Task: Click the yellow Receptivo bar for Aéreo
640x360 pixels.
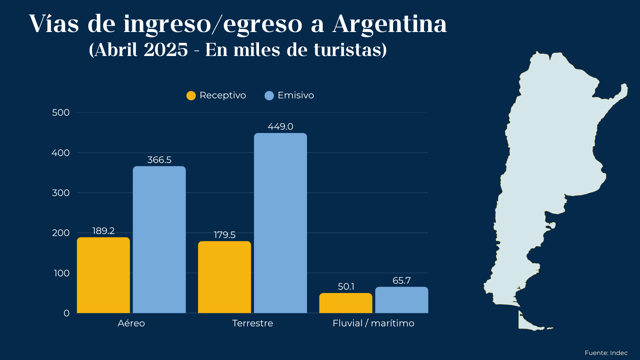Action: (103, 275)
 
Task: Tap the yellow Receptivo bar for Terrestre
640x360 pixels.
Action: (224, 277)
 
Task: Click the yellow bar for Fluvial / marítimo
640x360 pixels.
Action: (346, 303)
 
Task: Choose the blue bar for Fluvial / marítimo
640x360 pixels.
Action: (402, 300)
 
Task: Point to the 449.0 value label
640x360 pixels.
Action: (280, 127)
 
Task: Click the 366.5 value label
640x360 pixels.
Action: (159, 160)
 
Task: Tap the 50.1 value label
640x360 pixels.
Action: (346, 287)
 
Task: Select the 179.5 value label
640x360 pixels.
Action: (225, 235)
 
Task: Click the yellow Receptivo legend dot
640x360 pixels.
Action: (191, 96)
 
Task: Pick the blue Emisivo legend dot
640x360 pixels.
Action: (269, 96)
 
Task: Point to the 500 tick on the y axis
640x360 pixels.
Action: (61, 113)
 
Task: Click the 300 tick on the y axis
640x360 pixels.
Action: (61, 193)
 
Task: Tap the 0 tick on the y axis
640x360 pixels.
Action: (67, 313)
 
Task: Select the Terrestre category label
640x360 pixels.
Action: (252, 323)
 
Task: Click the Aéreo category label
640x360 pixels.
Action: (131, 323)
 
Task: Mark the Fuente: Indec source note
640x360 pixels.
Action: (606, 353)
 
